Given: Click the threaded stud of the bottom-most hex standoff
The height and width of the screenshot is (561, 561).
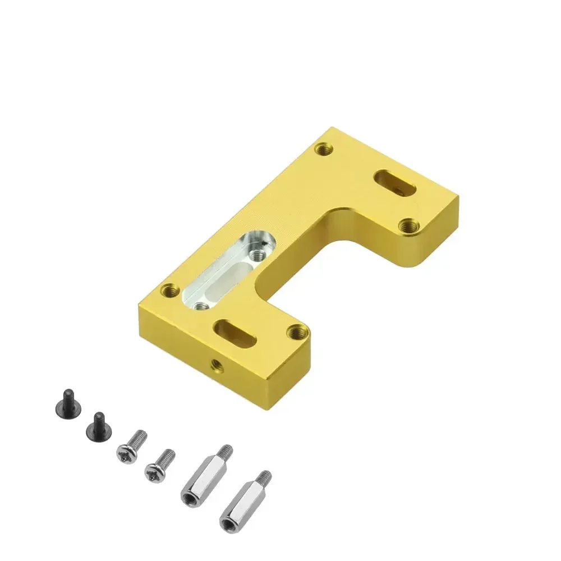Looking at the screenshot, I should (264, 480).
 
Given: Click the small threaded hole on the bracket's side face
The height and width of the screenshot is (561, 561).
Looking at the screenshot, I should (215, 366).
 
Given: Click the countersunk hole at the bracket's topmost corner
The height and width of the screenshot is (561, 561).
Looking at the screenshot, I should (322, 149).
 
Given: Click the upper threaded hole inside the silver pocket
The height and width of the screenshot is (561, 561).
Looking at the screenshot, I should (258, 254).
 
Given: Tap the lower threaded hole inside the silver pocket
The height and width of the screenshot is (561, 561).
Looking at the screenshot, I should (201, 305).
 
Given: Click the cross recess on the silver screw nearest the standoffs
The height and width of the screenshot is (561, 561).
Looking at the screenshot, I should (153, 475).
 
